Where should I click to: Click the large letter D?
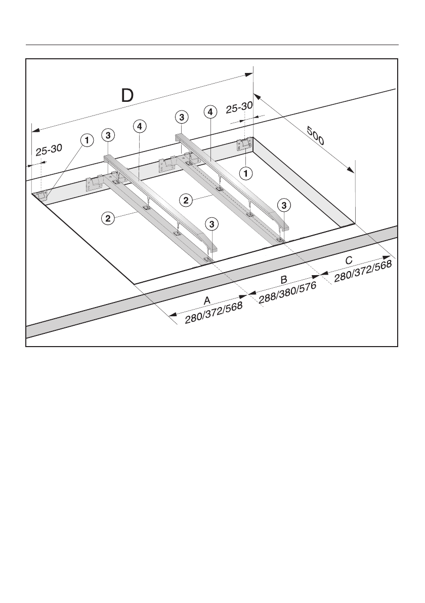pyautogui.click(x=127, y=96)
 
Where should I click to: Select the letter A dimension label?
pyautogui.click(x=206, y=300)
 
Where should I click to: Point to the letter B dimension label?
pyautogui.click(x=284, y=280)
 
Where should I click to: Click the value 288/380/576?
pyautogui.click(x=287, y=293)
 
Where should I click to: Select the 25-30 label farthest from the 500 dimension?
pyautogui.click(x=49, y=149)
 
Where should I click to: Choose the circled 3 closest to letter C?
pyautogui.click(x=284, y=205)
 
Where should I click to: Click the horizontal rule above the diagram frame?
pyautogui.click(x=212, y=45)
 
